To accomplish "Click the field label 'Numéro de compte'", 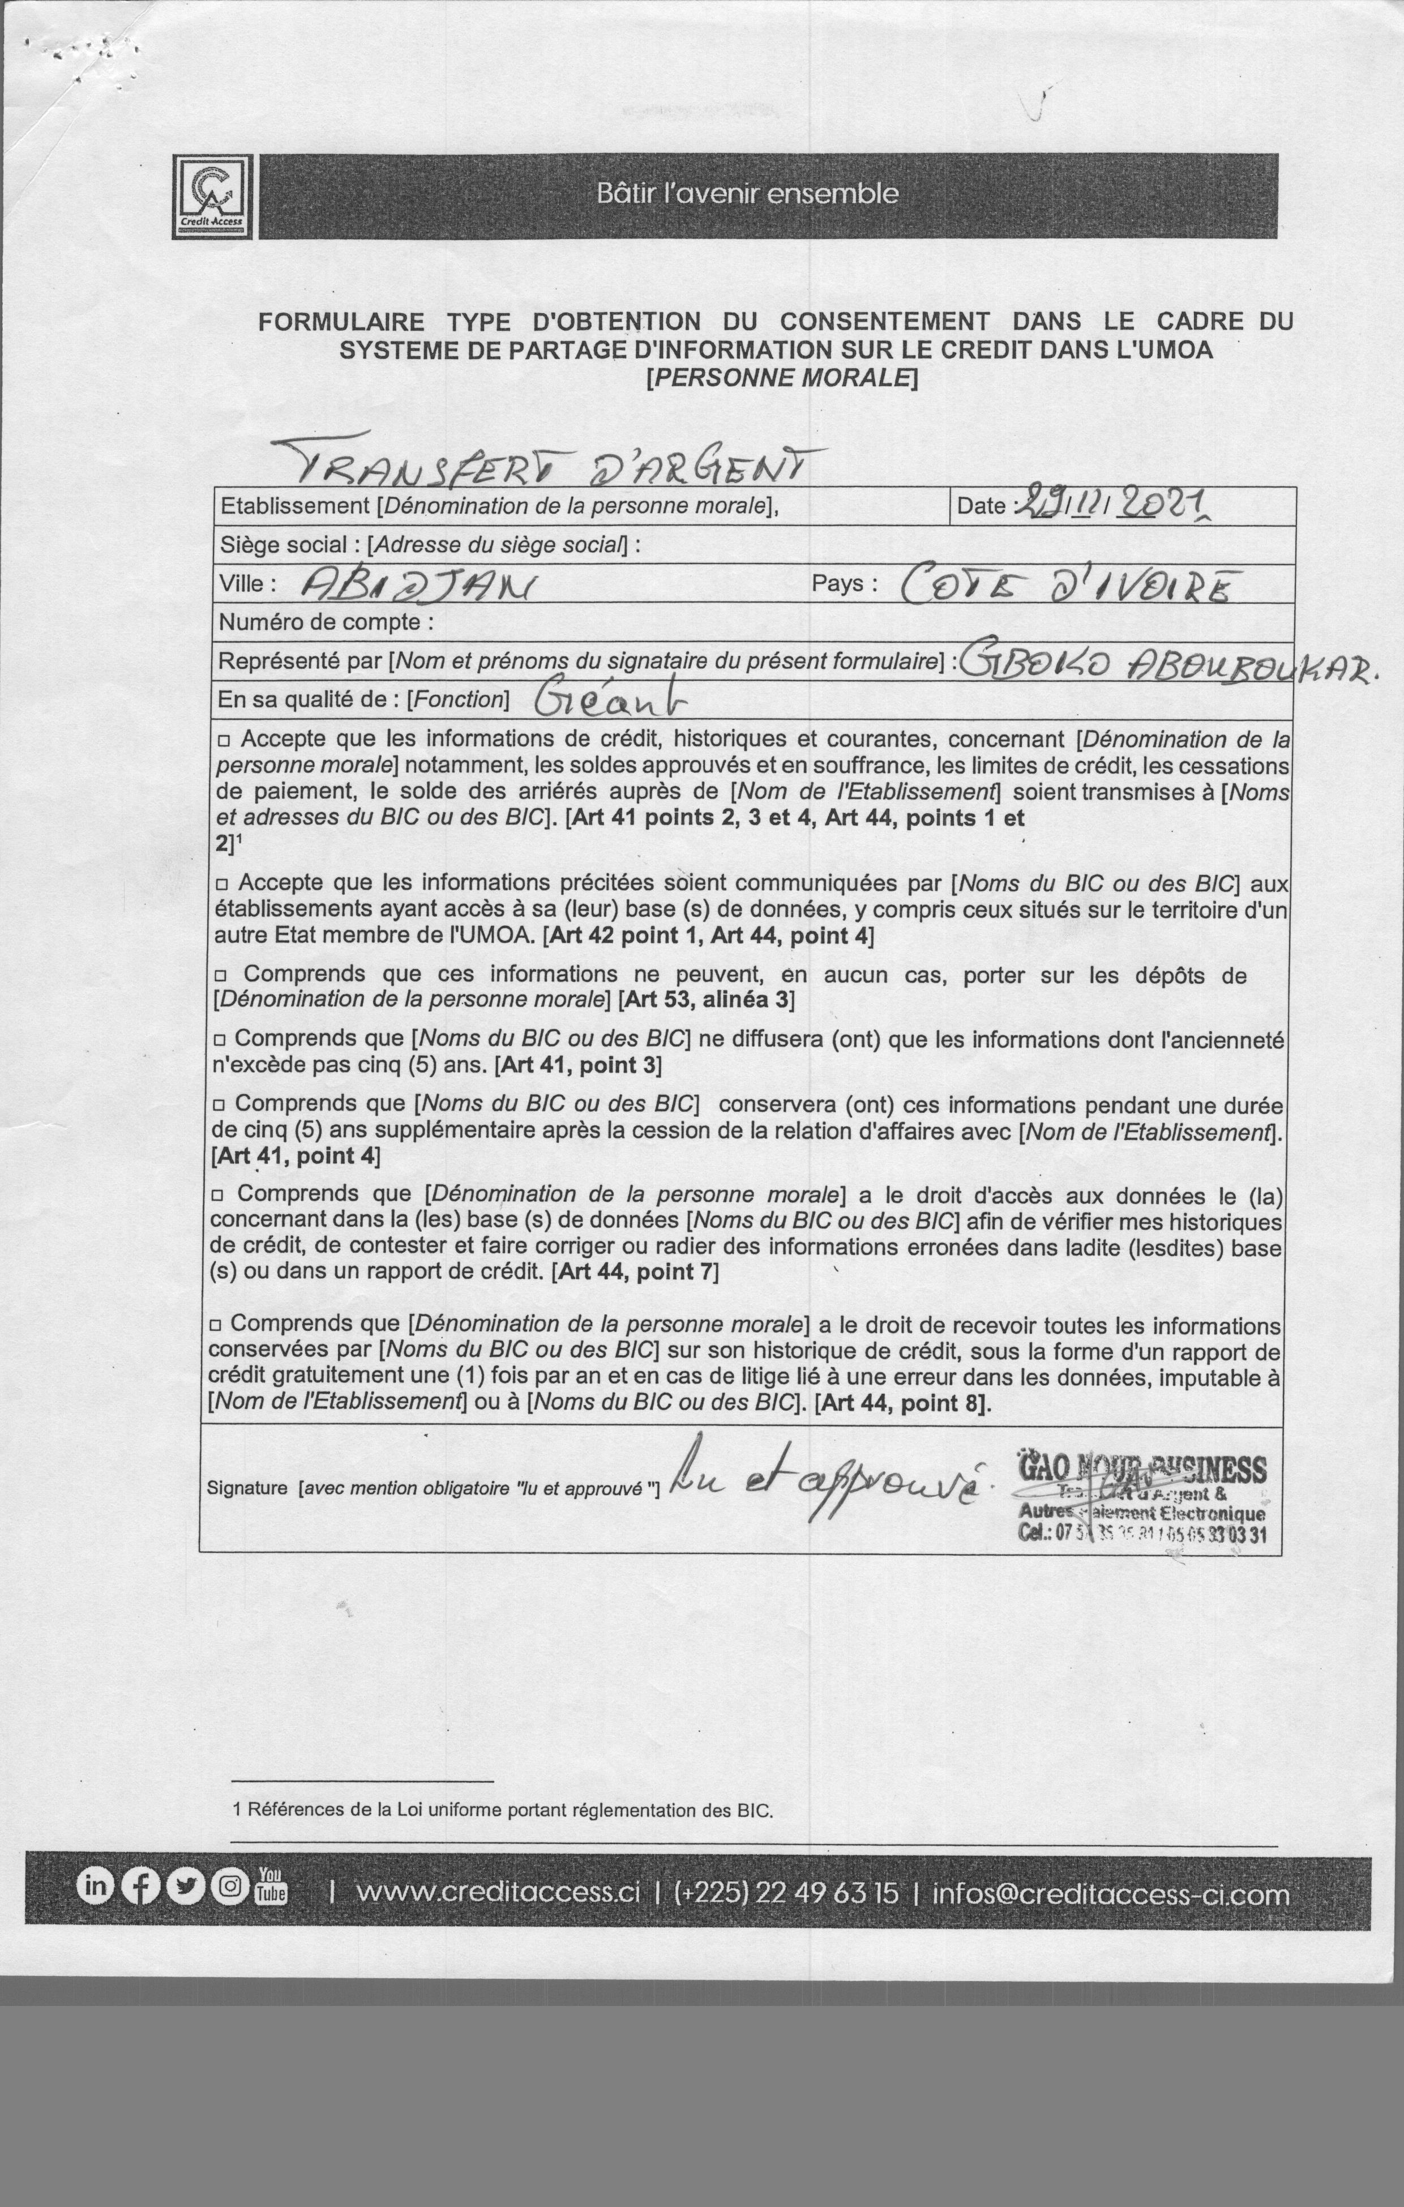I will point(326,622).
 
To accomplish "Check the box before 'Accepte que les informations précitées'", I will point(222,885).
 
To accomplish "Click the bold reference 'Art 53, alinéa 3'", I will point(708,999).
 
